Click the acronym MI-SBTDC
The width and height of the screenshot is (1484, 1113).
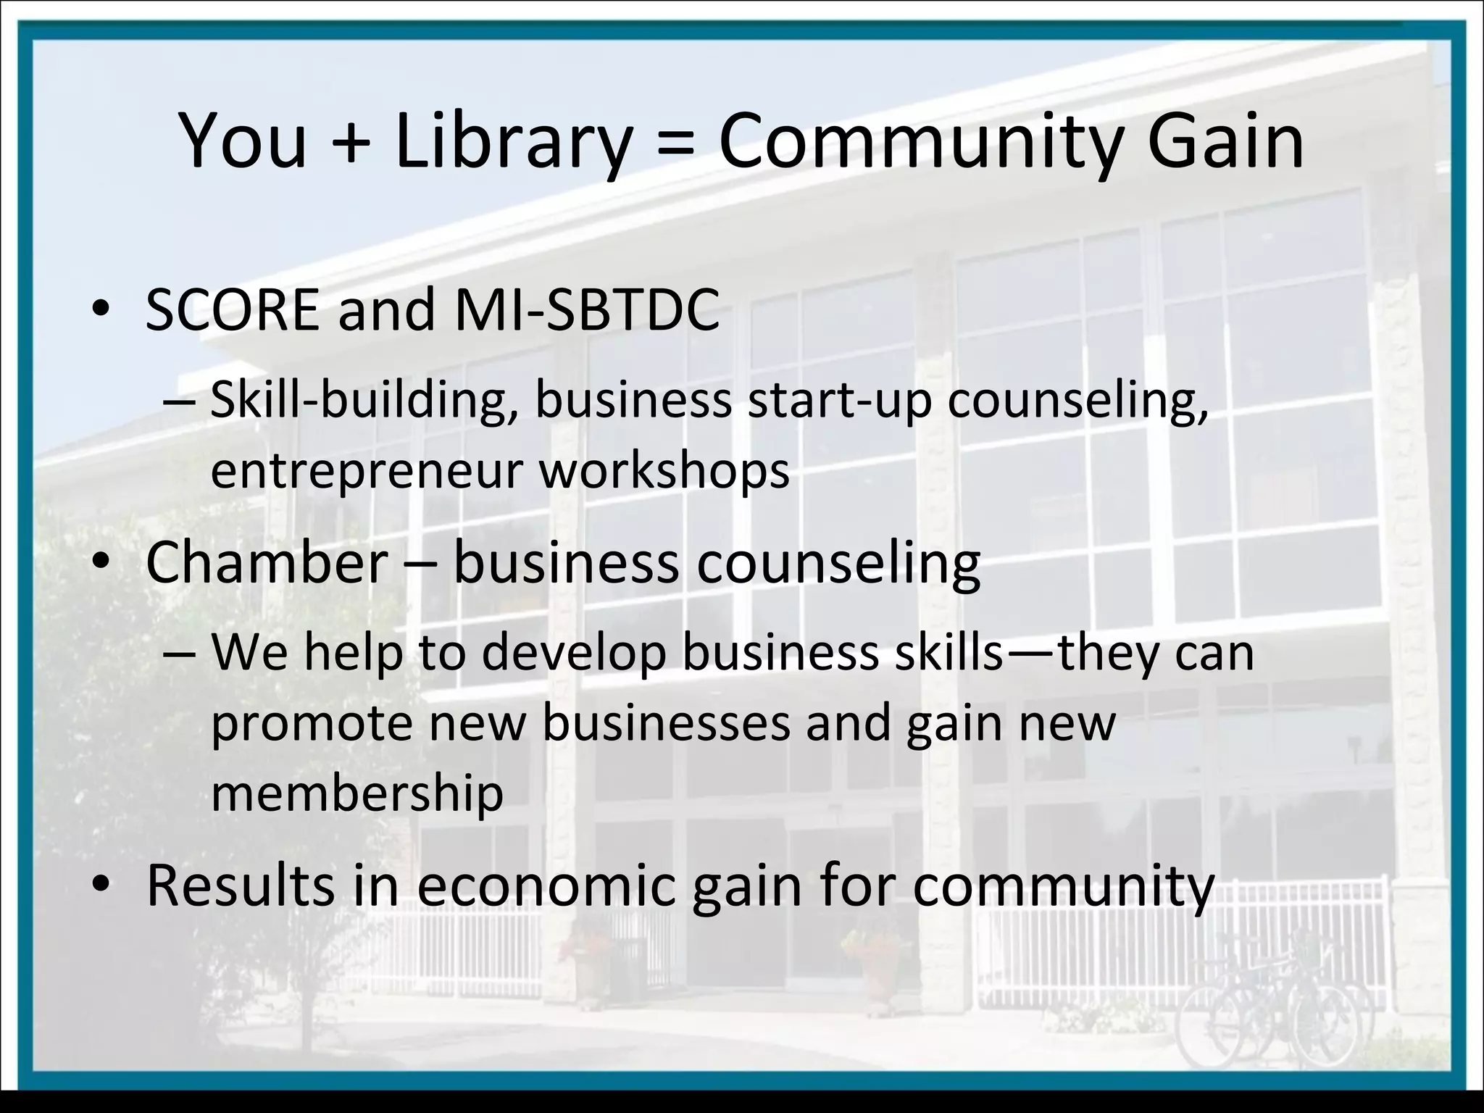pos(587,310)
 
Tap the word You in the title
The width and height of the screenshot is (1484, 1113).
pos(243,142)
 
